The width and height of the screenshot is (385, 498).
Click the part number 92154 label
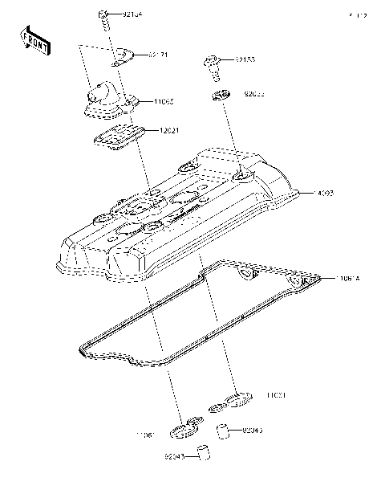pyautogui.click(x=133, y=14)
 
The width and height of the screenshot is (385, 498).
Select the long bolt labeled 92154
pyautogui.click(x=105, y=22)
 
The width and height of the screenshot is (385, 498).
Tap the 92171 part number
pyautogui.click(x=157, y=55)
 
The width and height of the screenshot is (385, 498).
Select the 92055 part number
pyautogui.click(x=253, y=94)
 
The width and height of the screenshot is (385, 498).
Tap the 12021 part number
pyautogui.click(x=168, y=130)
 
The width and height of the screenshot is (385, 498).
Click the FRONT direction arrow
pyautogui.click(x=35, y=40)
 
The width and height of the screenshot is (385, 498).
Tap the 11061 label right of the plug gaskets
pyautogui.click(x=276, y=395)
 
